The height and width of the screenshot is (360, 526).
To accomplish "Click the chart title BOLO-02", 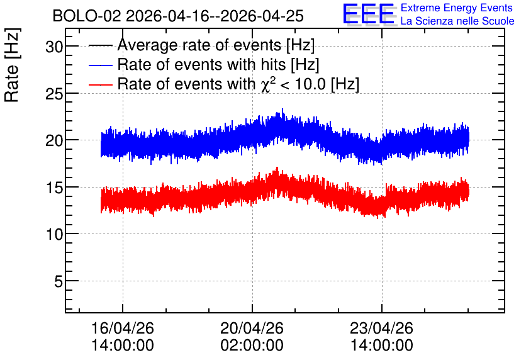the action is pos(86,16).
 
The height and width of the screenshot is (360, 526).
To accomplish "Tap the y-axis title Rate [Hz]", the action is pos(12,65).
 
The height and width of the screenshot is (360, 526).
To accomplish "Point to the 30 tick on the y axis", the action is pos(54,47).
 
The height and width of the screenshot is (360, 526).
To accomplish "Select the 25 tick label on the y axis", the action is pos(54,94).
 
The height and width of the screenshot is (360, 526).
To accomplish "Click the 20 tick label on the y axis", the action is pos(54,140).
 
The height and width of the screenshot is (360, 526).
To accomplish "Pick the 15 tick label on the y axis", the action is pos(54,188).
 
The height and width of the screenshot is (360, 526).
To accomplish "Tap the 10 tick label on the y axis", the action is pos(54,234).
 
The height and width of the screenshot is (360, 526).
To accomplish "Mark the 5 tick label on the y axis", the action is pos(59,281).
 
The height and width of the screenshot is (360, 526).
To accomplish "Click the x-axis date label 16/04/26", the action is pos(123,328).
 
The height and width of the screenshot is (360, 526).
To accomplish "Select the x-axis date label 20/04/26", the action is pos(252,328).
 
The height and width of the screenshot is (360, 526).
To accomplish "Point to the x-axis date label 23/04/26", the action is pos(381,328).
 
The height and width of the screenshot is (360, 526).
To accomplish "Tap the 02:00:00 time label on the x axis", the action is pos(252,345).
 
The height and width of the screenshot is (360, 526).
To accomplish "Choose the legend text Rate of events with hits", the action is pos(204,64).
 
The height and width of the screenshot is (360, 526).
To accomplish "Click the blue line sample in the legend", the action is pos(101,65).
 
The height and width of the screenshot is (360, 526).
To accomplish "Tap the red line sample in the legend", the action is pos(101,84).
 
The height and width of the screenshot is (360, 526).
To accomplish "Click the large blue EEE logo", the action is pos(369,14).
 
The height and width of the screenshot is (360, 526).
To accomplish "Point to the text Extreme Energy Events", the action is pos(457,8).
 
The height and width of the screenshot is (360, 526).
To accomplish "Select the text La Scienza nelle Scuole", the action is pos(457,21).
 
